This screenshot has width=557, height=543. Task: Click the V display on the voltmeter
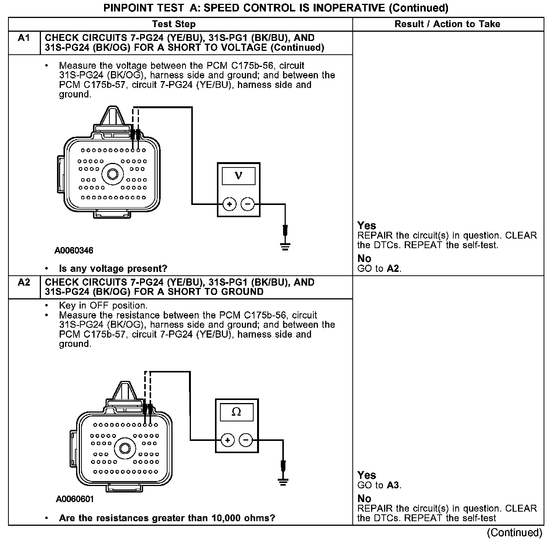238,176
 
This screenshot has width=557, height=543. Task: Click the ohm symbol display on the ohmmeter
236,412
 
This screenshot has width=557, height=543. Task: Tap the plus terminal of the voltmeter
229,205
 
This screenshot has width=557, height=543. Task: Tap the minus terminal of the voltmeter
248,205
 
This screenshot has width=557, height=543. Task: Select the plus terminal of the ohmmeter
227,441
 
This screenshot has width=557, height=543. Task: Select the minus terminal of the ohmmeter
246,441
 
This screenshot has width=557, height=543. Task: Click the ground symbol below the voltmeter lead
285,245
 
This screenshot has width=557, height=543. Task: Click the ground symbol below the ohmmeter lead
283,481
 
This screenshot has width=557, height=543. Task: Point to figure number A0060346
74,251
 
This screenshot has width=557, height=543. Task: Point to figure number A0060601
75,499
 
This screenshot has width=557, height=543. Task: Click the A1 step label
24,38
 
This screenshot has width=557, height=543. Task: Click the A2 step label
24,283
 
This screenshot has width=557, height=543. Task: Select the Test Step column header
174,24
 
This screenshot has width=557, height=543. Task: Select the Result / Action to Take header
447,24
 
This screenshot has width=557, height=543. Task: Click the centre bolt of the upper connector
113,174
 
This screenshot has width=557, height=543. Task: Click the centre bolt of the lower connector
125,448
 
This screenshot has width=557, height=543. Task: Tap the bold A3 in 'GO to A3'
393,486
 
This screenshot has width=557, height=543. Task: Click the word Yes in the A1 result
366,226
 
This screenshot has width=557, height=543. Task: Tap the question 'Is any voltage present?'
113,269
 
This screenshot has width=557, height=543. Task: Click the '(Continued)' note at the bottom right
515,533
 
